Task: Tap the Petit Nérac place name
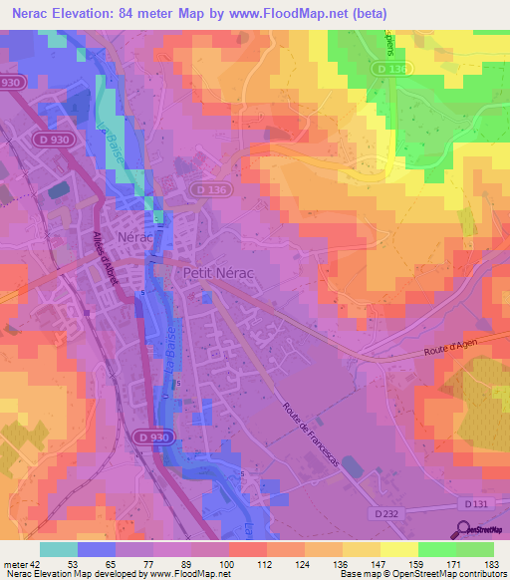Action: coord(212,271)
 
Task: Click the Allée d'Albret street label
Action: coord(105,259)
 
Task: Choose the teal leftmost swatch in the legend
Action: coord(59,548)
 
